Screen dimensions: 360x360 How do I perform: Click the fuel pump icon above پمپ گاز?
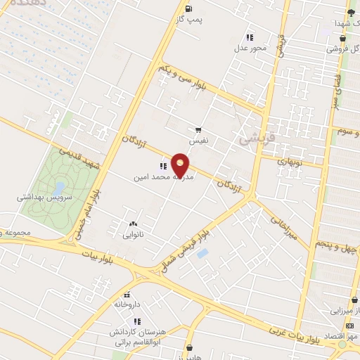188,8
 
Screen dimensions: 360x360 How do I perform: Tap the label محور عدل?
250,49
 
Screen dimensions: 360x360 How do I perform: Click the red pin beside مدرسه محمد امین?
181,164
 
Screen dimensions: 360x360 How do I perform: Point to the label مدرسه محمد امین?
163,178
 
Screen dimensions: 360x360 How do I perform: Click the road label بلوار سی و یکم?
183,77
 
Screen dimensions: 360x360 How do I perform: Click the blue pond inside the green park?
59,188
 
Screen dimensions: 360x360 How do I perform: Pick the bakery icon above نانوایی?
132,224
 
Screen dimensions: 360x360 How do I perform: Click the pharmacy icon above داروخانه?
127,295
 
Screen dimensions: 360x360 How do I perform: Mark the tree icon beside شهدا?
351,12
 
